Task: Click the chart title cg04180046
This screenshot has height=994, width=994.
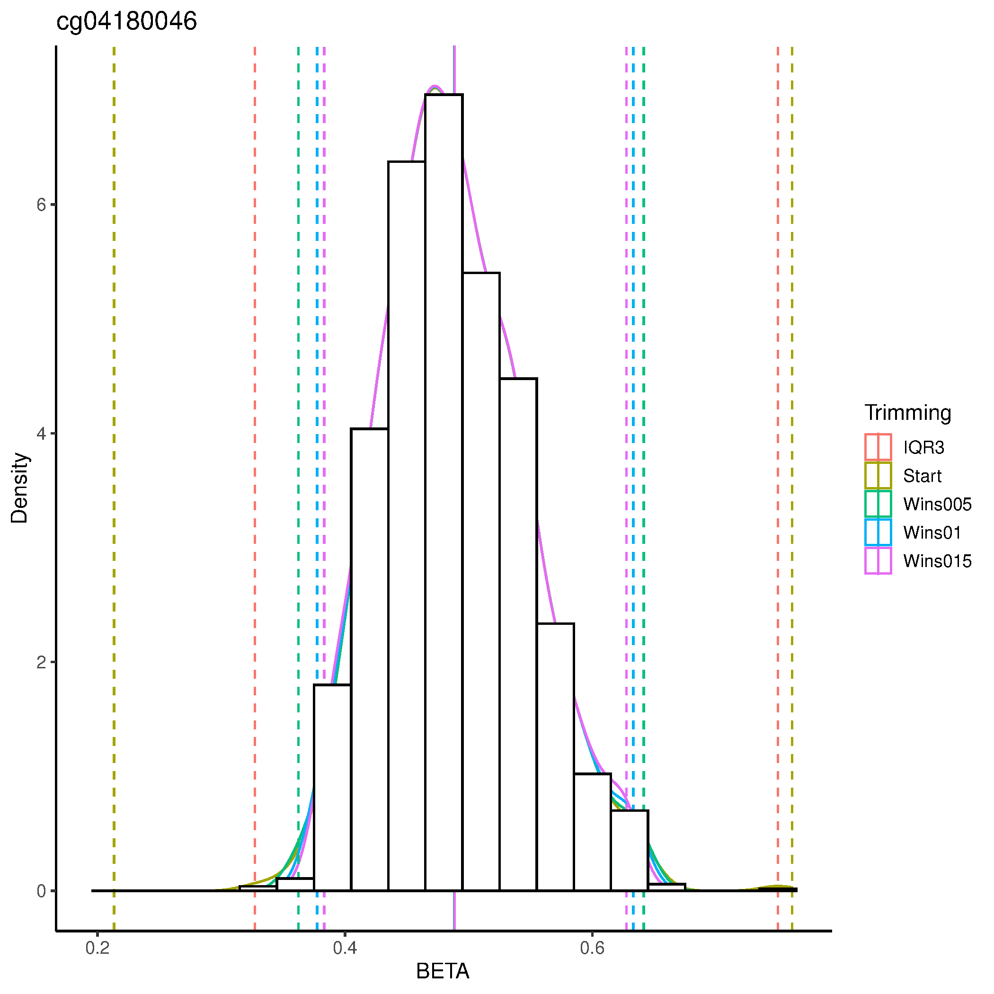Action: point(126,22)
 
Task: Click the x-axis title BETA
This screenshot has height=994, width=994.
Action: point(443,971)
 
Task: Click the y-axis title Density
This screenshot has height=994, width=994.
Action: point(19,488)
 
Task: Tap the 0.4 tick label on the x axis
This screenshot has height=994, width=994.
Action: point(345,948)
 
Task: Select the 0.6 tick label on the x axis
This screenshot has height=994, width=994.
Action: point(592,948)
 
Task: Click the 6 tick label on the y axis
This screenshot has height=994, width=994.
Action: point(41,205)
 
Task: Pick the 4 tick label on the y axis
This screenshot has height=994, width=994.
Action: point(41,433)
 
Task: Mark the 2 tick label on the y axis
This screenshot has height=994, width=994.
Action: point(41,662)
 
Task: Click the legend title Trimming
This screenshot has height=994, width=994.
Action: point(907,413)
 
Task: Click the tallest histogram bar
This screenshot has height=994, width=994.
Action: point(444,463)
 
